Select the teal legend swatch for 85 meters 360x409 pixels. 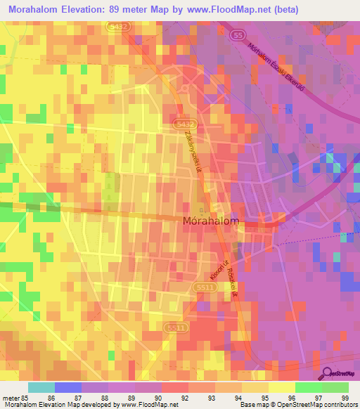tap(41, 387)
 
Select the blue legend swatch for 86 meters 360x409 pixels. tap(68, 387)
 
